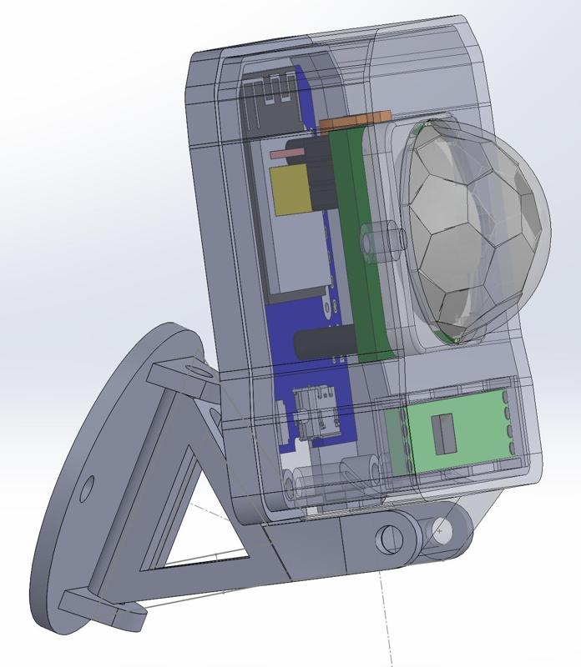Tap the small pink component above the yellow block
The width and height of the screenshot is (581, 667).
[286, 154]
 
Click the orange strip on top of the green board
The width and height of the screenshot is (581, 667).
[355, 123]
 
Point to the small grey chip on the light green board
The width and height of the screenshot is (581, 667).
[439, 435]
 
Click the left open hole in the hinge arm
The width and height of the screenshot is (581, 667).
[387, 539]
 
